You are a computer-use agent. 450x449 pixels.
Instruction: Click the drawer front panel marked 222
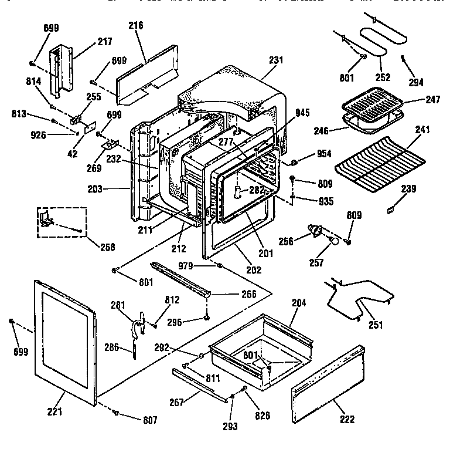(328, 382)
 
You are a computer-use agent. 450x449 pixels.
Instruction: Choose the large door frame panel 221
(64, 340)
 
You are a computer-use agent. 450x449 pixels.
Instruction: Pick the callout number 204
(299, 303)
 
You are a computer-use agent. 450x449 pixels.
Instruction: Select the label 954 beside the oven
(323, 154)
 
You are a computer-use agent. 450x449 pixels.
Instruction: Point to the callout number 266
(249, 294)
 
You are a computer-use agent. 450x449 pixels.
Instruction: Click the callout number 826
(262, 416)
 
